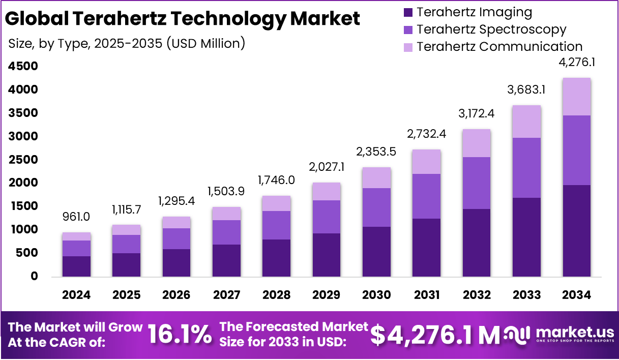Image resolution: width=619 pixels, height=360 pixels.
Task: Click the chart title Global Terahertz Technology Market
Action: (182, 19)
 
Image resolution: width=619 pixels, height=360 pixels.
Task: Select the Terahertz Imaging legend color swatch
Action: (408, 12)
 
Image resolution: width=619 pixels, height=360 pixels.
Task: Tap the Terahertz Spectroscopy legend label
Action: (491, 29)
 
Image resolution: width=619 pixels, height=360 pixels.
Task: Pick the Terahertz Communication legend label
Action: (499, 47)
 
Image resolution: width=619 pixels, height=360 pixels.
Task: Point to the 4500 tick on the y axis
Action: (23, 67)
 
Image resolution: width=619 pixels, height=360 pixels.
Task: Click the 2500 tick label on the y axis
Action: (23, 160)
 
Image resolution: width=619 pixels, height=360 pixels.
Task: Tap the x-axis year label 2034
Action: (576, 295)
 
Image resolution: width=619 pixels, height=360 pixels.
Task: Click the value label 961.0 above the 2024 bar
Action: (76, 217)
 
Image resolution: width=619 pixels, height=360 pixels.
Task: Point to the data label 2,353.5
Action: (376, 152)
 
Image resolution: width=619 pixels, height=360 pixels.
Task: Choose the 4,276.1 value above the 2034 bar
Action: (577, 63)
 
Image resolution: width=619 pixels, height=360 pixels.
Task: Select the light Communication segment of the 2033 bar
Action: (526, 122)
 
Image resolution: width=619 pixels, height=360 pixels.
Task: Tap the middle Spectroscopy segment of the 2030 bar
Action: (376, 207)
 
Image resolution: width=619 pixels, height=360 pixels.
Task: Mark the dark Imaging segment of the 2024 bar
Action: (76, 266)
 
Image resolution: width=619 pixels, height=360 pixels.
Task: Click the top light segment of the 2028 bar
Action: (276, 203)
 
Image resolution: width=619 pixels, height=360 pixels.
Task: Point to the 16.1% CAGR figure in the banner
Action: (180, 335)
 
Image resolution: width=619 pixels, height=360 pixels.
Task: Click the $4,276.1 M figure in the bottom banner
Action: (435, 335)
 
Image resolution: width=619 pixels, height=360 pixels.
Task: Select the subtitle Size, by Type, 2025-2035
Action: (127, 44)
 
